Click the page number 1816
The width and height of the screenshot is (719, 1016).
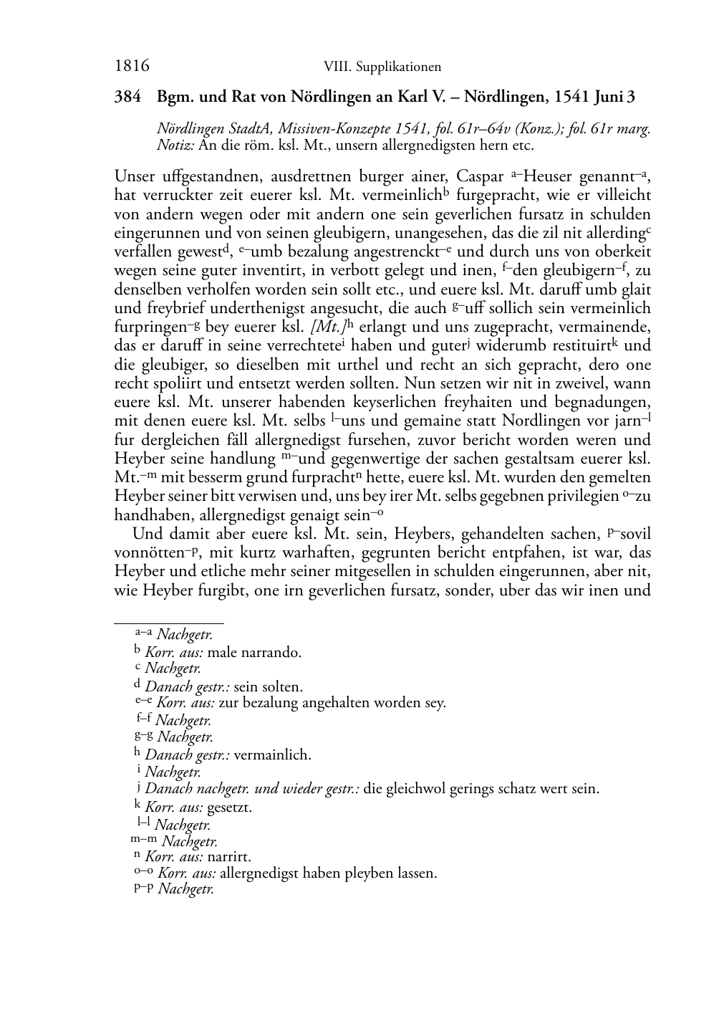pos(132,67)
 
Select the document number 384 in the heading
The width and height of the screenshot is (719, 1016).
pos(127,97)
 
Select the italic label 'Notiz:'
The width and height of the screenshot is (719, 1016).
pos(175,145)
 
